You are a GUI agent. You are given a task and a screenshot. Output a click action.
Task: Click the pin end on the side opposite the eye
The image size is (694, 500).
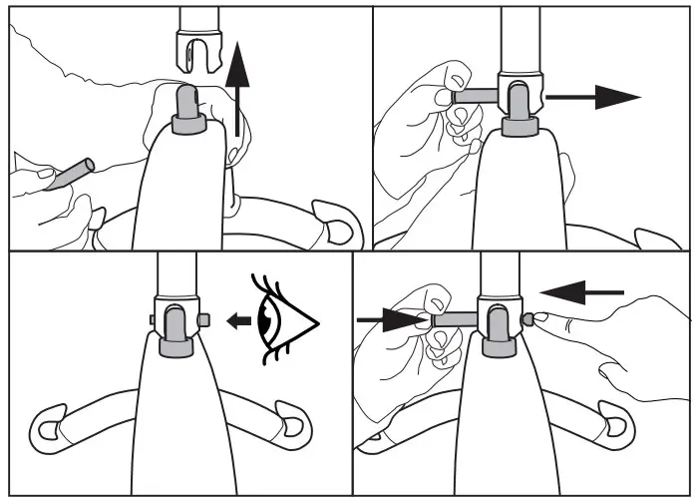152,319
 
